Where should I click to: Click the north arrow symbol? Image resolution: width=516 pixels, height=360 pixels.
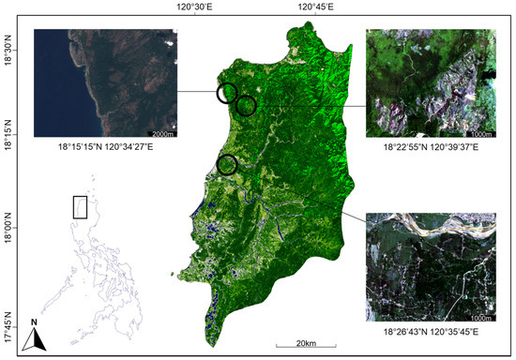point(34,341)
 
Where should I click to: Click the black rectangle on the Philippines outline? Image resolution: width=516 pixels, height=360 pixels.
point(80,206)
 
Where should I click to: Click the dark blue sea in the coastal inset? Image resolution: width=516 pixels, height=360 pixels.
point(52,94)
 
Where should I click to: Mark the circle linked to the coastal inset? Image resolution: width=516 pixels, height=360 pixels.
point(226,93)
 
